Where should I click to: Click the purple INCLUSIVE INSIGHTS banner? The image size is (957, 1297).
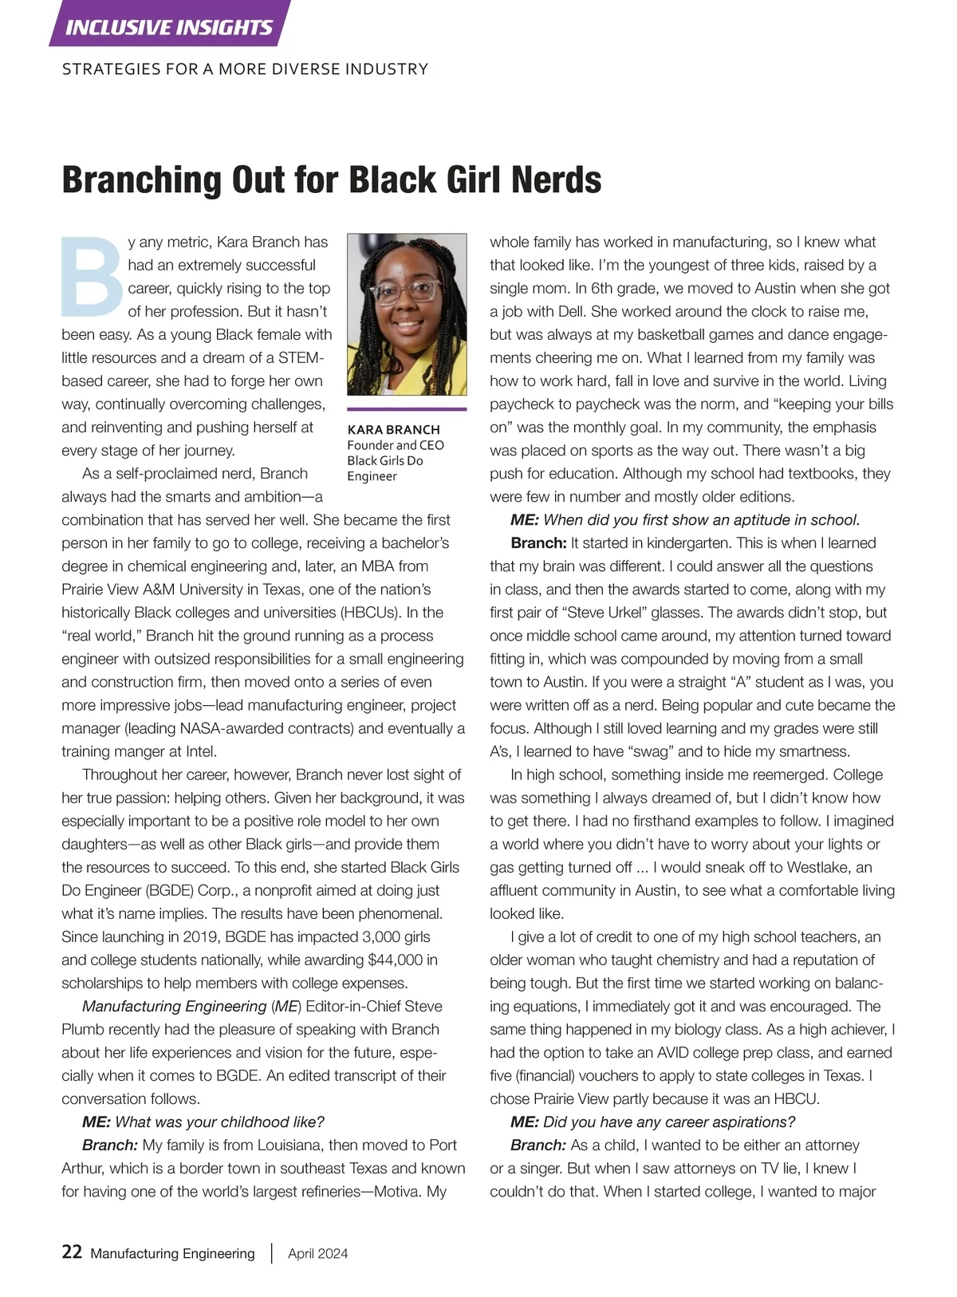point(169,27)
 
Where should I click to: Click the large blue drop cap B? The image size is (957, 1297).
point(92,275)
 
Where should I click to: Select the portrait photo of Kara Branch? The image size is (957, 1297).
point(407,314)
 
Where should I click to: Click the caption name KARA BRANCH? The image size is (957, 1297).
point(393,429)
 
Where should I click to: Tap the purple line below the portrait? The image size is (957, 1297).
point(407,409)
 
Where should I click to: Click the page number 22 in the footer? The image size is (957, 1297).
point(72,1252)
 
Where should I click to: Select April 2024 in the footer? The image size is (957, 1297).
point(317,1253)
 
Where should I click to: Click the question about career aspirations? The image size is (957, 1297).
point(668,1122)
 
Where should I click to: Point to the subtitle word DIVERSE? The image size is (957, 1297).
point(294,69)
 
